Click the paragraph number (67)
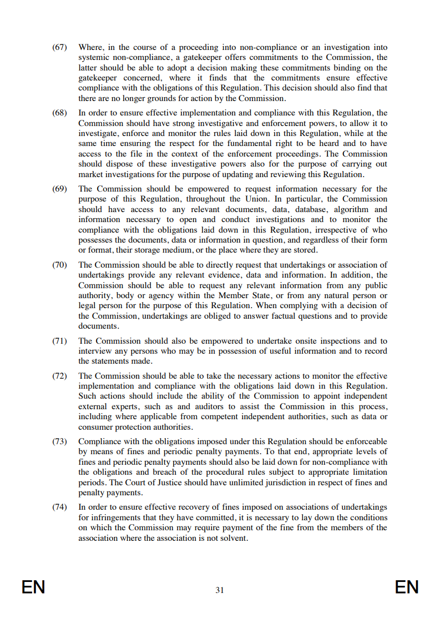(x=59, y=47)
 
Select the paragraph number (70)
(x=59, y=265)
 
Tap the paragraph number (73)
(x=59, y=441)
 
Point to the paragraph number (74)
(x=59, y=507)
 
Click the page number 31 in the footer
(x=220, y=590)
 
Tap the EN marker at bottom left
(x=33, y=587)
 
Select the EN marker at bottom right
(x=407, y=587)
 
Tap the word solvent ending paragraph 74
(x=234, y=538)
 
